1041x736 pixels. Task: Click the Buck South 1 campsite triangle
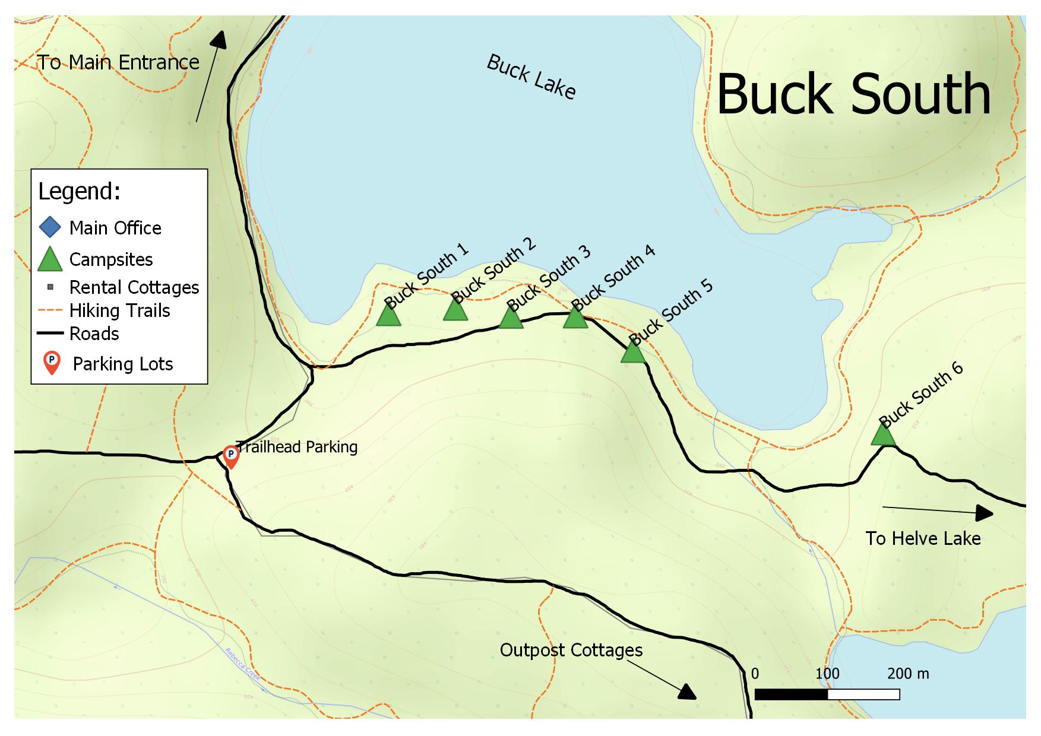coord(388,315)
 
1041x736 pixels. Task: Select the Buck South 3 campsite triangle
coord(511,318)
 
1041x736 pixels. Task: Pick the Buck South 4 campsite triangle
coord(575,318)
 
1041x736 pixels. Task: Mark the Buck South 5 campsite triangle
coord(633,352)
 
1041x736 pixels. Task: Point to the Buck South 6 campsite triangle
coord(883,434)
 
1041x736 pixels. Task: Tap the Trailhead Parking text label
coord(297,447)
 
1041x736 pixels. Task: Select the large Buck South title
coord(853,95)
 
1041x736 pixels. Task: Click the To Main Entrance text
coord(118,62)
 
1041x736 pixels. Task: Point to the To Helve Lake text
coord(923,539)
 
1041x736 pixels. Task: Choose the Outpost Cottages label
coord(571,651)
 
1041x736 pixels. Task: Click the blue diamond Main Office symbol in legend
coord(50,228)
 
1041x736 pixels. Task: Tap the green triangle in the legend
coord(50,260)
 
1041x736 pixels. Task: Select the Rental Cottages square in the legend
coord(50,287)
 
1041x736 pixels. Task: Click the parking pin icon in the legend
coord(52,363)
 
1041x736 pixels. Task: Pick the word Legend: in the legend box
coord(80,192)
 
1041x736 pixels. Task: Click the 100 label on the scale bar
coord(827,674)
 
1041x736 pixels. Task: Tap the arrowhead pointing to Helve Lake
coord(985,513)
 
